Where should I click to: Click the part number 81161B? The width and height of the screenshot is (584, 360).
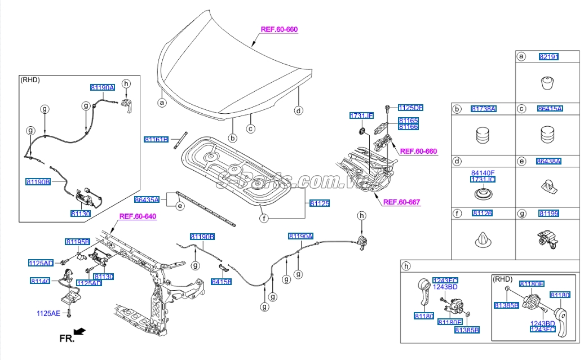pos(156,139)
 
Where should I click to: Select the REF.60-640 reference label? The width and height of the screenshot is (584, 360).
pos(138,216)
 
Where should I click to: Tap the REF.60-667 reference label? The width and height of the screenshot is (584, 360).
pos(401,202)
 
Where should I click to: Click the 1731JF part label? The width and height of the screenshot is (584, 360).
pos(361,115)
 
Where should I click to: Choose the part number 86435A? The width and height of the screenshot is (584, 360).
pos(147,199)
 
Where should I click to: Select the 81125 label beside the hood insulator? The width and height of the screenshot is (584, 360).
pos(320,203)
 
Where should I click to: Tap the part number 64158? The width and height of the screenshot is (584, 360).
pos(221,282)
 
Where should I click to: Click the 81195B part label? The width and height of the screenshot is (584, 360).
pos(77,242)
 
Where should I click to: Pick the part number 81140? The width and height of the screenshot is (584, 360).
pos(41,281)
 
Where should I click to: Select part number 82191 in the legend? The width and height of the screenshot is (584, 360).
pos(548,56)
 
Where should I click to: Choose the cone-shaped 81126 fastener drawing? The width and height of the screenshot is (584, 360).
pos(483,240)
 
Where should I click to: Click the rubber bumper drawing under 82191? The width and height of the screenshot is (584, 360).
pos(547,83)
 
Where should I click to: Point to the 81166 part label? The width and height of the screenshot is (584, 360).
pos(408,127)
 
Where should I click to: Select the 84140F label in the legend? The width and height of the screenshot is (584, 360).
pos(483,172)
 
